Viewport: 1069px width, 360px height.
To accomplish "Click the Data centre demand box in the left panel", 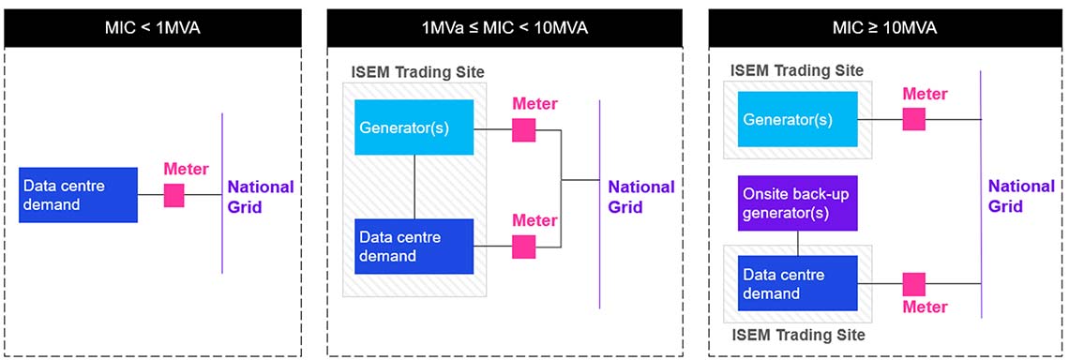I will coord(79,195).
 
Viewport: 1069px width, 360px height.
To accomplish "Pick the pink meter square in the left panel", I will coord(173,195).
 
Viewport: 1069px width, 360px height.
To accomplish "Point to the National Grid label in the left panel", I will coord(260,196).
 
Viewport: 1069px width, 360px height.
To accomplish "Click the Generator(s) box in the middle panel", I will coord(414,127).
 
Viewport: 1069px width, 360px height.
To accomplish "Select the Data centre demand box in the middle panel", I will coord(414,246).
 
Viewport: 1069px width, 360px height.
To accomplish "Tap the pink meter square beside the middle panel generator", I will coord(524,130).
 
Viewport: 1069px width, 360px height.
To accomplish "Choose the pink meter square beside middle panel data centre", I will coord(524,247).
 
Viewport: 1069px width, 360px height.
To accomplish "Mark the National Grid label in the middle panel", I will coord(640,196).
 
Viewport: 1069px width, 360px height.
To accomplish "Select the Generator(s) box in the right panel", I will coord(797,120).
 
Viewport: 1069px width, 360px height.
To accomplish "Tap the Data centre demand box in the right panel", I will coord(797,284).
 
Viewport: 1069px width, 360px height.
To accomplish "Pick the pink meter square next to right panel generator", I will coord(913,119).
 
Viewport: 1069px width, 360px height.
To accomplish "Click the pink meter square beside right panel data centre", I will coord(913,284).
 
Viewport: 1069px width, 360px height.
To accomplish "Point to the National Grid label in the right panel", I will coord(1021,195).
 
